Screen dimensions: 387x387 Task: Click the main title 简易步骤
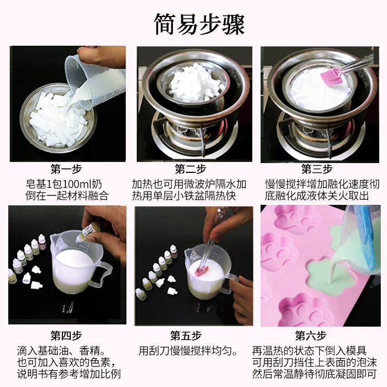click(199, 24)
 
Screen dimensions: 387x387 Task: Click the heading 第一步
click(66, 169)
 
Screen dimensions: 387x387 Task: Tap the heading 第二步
click(190, 169)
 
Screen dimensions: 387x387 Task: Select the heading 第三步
click(317, 169)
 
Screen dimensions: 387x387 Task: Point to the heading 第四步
click(66, 335)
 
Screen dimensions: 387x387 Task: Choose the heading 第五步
click(186, 335)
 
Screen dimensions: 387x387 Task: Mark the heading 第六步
click(311, 335)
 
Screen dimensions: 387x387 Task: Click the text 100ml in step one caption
click(75, 184)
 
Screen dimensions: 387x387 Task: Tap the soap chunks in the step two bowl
click(195, 83)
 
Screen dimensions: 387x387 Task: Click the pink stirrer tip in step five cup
click(201, 271)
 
